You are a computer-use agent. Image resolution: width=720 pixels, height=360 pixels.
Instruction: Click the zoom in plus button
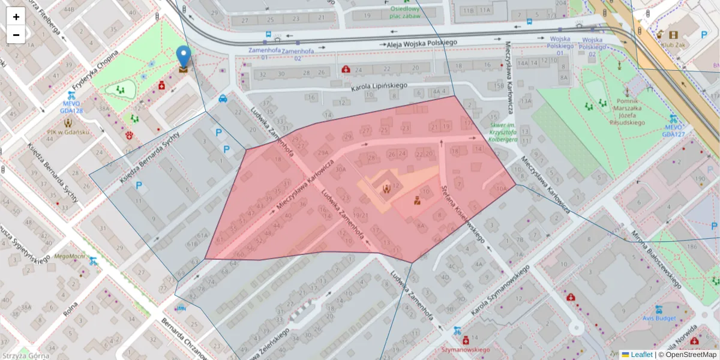click(16, 17)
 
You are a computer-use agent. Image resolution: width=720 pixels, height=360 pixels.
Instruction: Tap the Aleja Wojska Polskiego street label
click(419, 43)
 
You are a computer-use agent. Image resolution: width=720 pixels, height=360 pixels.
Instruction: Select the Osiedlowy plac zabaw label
click(404, 13)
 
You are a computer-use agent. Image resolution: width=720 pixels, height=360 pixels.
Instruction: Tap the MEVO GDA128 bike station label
click(71, 107)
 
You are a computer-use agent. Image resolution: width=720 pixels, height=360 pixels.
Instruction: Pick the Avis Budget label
click(658, 318)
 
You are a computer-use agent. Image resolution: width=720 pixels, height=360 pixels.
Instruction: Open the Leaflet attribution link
click(641, 355)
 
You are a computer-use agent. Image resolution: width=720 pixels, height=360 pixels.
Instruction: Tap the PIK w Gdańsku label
click(68, 132)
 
